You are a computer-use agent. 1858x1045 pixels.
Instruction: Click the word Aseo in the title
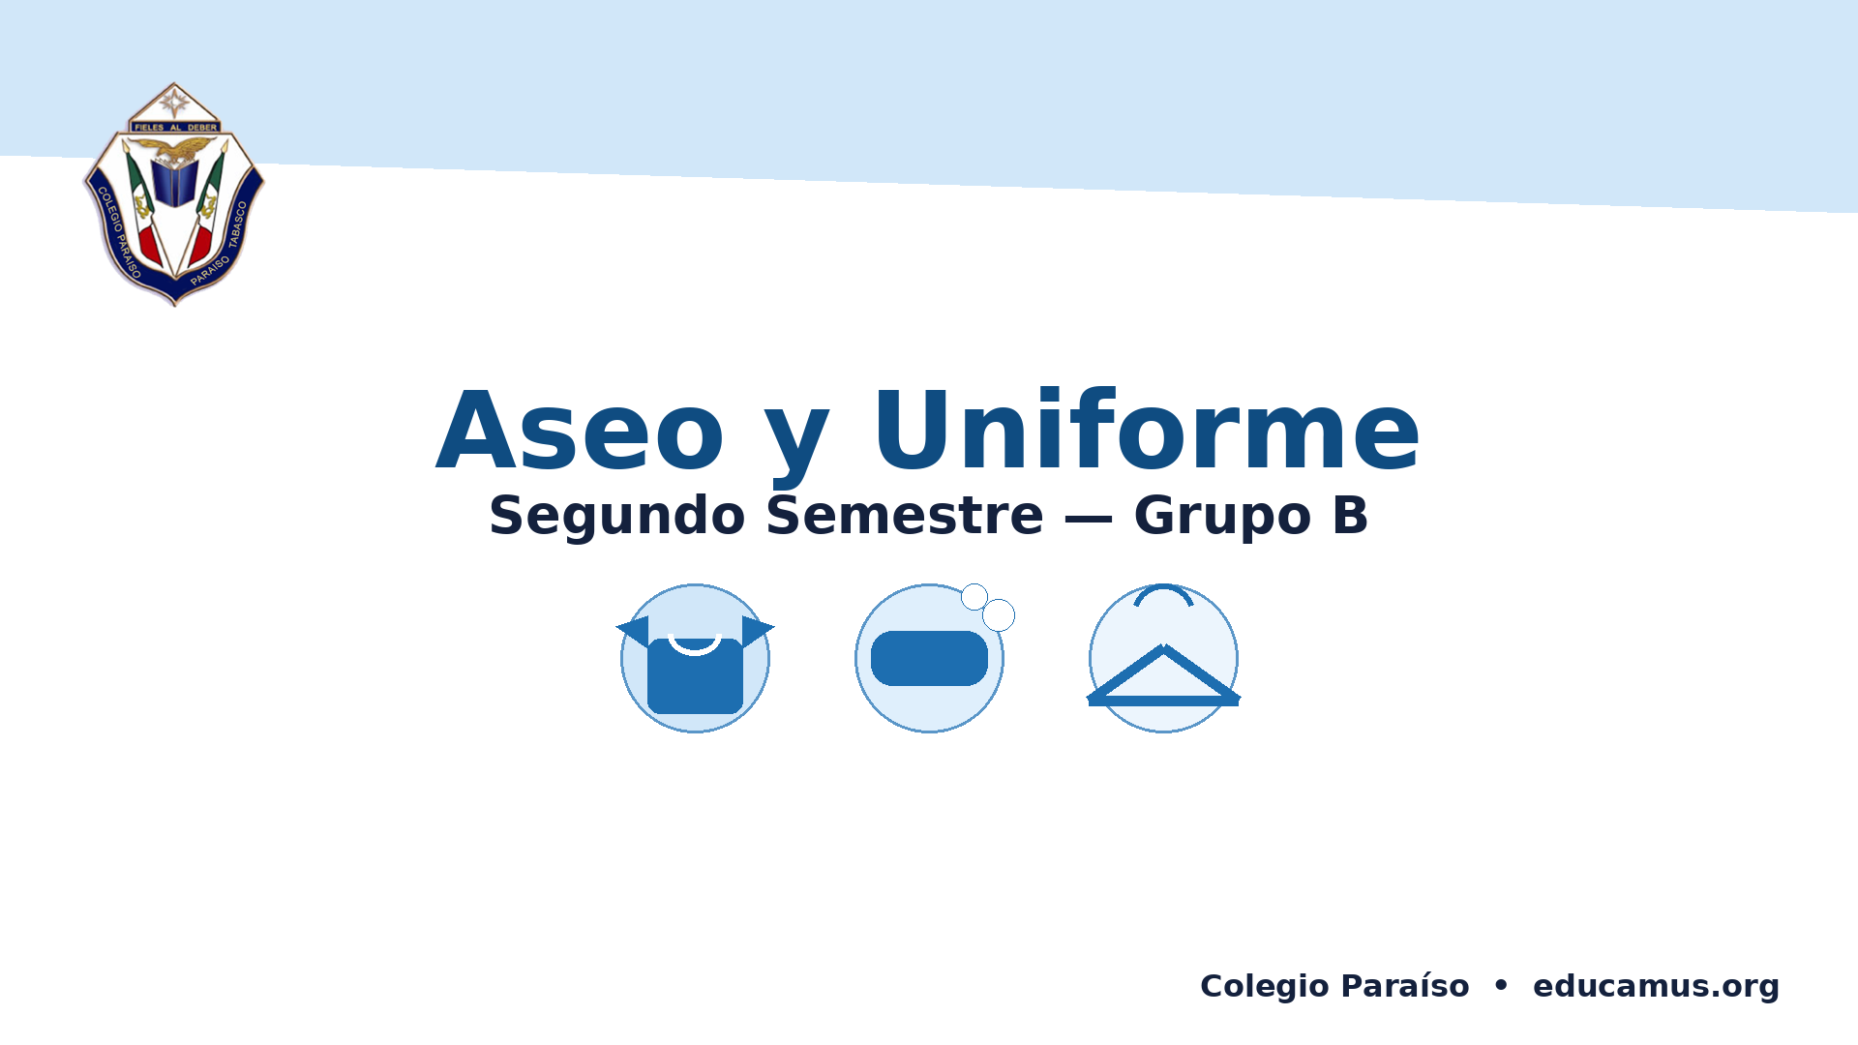[581, 431]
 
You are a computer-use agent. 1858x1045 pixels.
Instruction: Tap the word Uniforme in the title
[1147, 429]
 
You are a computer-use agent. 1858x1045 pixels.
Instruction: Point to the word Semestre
[905, 515]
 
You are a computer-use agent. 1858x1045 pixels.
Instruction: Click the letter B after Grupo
[1350, 515]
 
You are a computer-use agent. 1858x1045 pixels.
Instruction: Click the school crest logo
[174, 194]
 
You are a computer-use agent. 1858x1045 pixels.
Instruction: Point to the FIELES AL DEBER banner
[175, 127]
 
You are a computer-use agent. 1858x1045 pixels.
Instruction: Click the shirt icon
[695, 668]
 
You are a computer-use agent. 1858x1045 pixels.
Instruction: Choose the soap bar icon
[929, 658]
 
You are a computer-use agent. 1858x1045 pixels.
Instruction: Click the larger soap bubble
[999, 614]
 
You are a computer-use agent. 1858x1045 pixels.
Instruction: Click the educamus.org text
[1656, 986]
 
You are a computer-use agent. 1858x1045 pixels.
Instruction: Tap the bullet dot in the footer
[1501, 985]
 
